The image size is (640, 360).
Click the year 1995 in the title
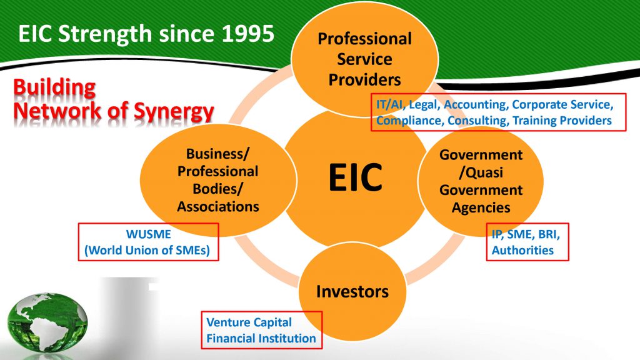247,34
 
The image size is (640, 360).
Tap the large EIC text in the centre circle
356,177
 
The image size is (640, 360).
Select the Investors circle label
352,291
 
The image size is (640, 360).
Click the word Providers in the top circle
364,79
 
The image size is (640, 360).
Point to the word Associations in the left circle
218,206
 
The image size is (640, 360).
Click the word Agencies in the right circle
481,207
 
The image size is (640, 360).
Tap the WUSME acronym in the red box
149,234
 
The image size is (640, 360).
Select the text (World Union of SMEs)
147,250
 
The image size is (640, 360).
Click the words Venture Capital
249,322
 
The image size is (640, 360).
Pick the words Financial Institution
261,338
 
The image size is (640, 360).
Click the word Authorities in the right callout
522,250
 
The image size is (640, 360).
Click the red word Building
54,87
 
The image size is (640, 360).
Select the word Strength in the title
105,34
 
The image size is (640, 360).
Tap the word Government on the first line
481,155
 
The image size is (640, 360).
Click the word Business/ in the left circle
217,154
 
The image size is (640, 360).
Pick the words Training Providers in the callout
562,121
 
